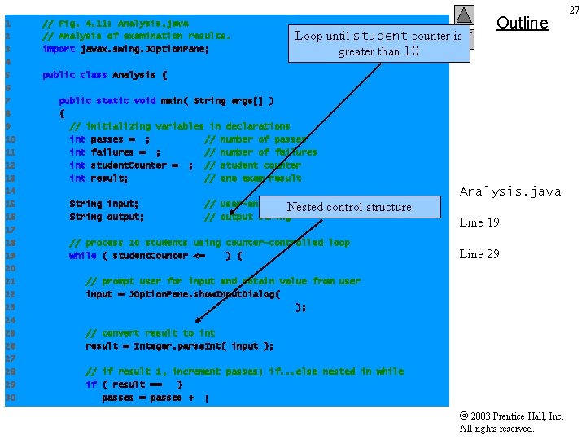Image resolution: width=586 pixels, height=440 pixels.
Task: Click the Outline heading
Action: pyautogui.click(x=522, y=23)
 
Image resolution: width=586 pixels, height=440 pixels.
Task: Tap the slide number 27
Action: pyautogui.click(x=574, y=10)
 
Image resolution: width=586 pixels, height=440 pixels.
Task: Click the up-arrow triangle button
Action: pyautogui.click(x=464, y=15)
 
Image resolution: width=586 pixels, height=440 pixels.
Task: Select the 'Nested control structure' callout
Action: pyautogui.click(x=349, y=207)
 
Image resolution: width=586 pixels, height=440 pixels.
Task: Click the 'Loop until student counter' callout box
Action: pyautogui.click(x=378, y=43)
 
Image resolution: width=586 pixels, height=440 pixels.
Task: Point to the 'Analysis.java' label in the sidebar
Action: pyautogui.click(x=509, y=191)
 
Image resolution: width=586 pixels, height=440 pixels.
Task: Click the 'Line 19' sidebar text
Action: pyautogui.click(x=479, y=223)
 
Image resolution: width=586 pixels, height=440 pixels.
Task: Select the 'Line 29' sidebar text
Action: pyautogui.click(x=479, y=254)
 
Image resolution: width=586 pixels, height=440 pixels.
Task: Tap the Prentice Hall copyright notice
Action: pyautogui.click(x=511, y=422)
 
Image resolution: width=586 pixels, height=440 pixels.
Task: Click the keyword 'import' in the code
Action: pyautogui.click(x=59, y=49)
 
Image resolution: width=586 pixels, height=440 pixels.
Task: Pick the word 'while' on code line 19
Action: pyautogui.click(x=82, y=256)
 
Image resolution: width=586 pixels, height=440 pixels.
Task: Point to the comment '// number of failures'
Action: pyautogui.click(x=260, y=152)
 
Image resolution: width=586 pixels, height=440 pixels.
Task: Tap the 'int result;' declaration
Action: pyautogui.click(x=98, y=178)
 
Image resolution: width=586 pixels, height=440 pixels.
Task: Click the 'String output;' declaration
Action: pyautogui.click(x=107, y=217)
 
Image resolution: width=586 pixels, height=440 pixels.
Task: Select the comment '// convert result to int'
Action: pyautogui.click(x=151, y=333)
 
